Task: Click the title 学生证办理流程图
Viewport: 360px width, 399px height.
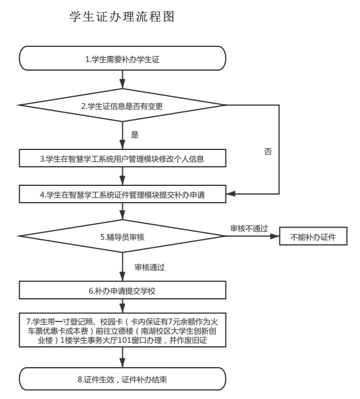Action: coord(122,17)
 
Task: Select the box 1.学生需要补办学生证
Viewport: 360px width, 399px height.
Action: coord(122,59)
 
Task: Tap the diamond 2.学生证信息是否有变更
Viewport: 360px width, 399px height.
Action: coord(122,105)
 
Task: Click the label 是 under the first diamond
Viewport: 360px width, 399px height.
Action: coord(135,135)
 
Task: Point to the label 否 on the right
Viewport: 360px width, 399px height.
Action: coord(268,151)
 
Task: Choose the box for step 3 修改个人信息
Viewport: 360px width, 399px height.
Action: coord(122,158)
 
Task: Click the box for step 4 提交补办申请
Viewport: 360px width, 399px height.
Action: coord(122,195)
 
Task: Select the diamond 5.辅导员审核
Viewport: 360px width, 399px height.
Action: coord(122,236)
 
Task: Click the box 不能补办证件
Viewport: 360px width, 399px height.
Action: coord(313,236)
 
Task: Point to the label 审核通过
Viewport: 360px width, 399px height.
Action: coord(150,267)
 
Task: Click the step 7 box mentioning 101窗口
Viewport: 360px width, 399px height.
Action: coord(122,331)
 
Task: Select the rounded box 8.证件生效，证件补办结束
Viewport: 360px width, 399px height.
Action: coord(122,379)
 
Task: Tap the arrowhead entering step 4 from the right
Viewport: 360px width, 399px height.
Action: coord(228,194)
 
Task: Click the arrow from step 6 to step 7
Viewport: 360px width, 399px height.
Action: coord(122,305)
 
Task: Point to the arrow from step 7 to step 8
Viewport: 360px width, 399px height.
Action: coord(122,359)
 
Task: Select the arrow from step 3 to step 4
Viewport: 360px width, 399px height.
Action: coord(122,177)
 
